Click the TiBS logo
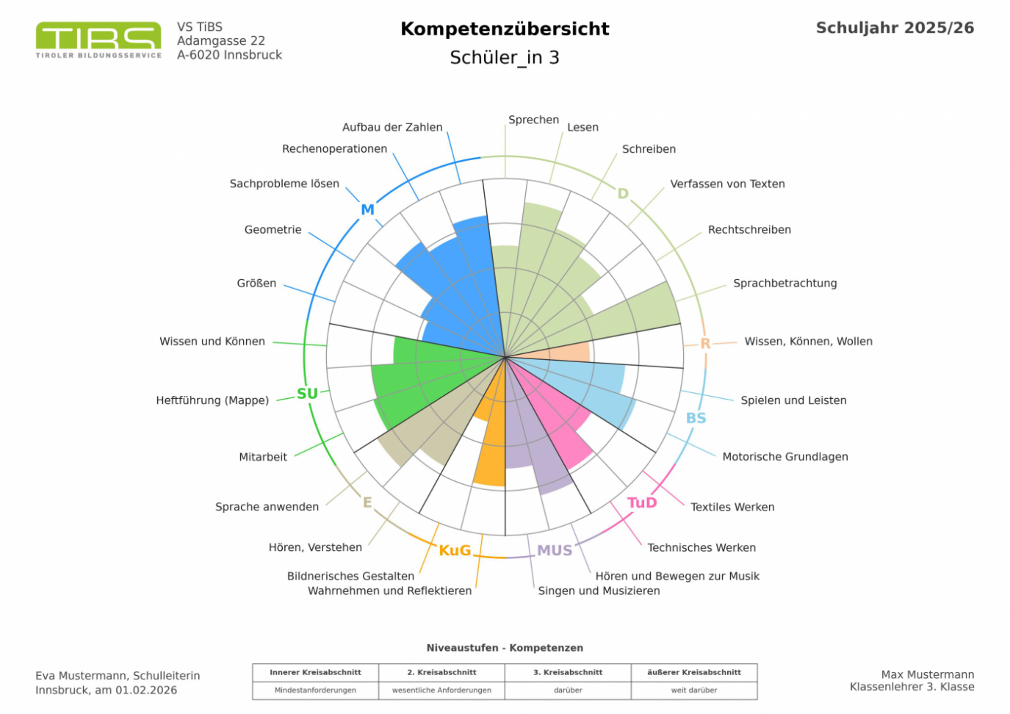[x=98, y=40]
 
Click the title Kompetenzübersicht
[x=505, y=29]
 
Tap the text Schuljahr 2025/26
[x=895, y=28]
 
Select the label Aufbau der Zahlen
[x=392, y=127]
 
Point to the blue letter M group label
[x=367, y=209]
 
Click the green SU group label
[x=307, y=394]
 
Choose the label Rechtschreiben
[x=749, y=229]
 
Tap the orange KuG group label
[x=455, y=550]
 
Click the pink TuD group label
[x=641, y=502]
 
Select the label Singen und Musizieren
[x=599, y=591]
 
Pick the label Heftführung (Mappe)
[x=212, y=400]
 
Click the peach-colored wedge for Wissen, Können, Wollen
[x=569, y=351]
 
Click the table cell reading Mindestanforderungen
[x=315, y=690]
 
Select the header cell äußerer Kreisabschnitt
[x=693, y=672]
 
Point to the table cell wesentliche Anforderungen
[x=441, y=690]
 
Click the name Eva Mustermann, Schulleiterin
[x=118, y=676]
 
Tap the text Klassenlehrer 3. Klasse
[x=912, y=688]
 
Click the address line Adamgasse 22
[x=220, y=40]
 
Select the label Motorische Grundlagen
[x=784, y=457]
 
